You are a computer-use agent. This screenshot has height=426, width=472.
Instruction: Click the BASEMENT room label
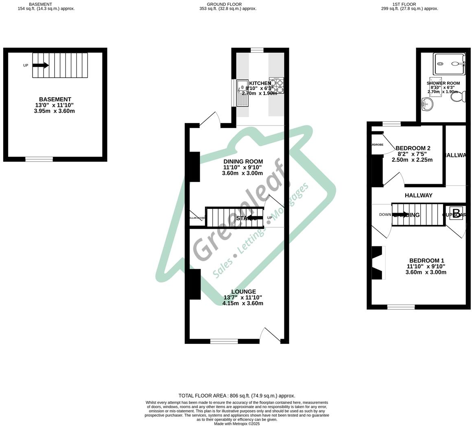[55, 99]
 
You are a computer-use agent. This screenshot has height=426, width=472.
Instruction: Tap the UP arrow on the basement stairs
[41, 65]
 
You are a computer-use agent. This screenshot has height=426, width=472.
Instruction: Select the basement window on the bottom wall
[39, 159]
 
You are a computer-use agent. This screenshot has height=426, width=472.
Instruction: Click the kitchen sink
[243, 93]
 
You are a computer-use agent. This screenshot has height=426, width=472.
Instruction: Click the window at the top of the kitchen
[257, 50]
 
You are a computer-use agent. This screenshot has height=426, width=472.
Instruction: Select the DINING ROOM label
[243, 161]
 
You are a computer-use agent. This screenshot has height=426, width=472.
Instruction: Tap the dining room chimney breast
[194, 167]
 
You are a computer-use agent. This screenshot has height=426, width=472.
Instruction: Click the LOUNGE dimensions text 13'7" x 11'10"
[243, 298]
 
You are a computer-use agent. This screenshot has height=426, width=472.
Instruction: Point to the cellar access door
[197, 218]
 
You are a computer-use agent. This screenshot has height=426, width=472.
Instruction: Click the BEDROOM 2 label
[413, 148]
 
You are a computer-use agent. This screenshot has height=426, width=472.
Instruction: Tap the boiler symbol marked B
[456, 213]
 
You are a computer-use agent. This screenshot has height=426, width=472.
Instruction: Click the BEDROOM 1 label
[426, 261]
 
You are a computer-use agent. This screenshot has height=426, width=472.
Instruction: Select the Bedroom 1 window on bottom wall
[401, 307]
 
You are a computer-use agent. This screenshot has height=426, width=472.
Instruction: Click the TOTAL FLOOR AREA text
[236, 396]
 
